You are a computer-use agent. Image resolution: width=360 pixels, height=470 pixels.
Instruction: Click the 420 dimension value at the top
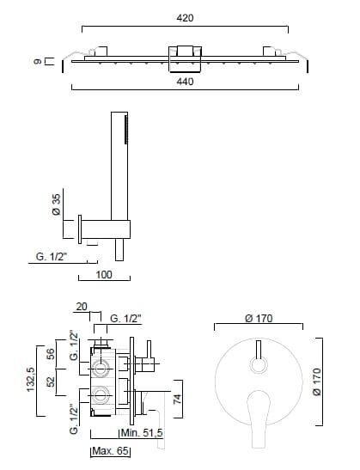pos(185,18)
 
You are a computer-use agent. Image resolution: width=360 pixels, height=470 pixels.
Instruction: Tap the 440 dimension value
pos(185,82)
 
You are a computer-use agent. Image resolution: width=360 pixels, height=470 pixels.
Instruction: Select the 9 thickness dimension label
pos(38,62)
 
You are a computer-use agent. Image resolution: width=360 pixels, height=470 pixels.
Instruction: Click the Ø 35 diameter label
pos(56,204)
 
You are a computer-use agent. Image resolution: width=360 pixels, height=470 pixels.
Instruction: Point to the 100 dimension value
pos(104,275)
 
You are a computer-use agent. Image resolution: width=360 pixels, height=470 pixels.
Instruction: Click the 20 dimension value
pos(82,307)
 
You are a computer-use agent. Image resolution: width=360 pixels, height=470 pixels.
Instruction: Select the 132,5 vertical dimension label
pos(31,380)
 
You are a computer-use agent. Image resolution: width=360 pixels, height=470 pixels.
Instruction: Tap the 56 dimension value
pos(51,354)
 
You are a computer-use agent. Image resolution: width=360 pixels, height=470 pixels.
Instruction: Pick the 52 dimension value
pos(51,381)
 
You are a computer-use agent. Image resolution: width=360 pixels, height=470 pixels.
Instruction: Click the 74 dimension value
pos(178,399)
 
